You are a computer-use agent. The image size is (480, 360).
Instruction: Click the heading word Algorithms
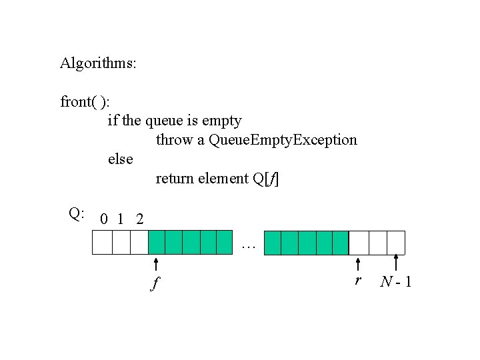click(x=98, y=64)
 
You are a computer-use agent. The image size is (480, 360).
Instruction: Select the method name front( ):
click(x=86, y=103)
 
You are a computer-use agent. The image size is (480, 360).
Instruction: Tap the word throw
click(x=175, y=140)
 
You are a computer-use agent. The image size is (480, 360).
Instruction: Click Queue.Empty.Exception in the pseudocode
click(x=283, y=140)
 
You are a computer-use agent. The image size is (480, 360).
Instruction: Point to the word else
click(x=121, y=159)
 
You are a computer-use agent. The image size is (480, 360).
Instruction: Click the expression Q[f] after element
click(x=267, y=179)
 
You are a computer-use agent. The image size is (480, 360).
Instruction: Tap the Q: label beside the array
click(x=76, y=213)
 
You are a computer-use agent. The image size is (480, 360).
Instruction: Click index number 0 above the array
click(x=103, y=219)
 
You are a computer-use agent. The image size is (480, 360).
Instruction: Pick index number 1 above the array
click(x=121, y=219)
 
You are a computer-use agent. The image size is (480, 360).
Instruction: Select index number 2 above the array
click(x=139, y=219)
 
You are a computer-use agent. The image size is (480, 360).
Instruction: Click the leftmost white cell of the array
click(x=102, y=243)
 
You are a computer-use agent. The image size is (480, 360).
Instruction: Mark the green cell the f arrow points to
click(x=156, y=243)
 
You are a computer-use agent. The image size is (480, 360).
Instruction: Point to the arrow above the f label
click(x=156, y=265)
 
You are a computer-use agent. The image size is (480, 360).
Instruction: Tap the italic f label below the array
click(x=155, y=284)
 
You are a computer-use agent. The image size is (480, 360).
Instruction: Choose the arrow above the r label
click(x=358, y=264)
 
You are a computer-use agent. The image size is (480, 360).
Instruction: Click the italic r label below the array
click(x=358, y=281)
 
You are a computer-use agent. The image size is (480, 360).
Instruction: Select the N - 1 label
click(x=395, y=282)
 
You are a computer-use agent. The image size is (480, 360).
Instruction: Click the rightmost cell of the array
click(x=396, y=243)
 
